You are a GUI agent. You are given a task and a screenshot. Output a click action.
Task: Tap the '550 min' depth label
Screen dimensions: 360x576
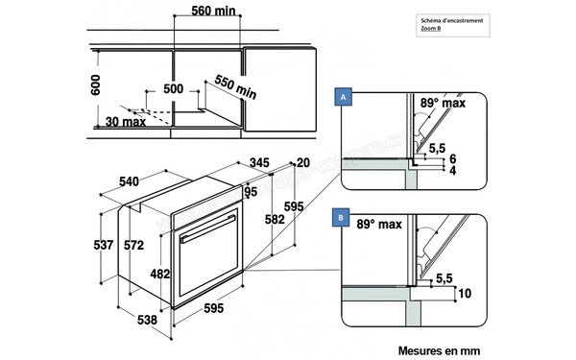pyautogui.click(x=235, y=87)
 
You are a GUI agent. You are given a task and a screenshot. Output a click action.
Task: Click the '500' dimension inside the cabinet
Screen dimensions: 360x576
pyautogui.click(x=173, y=88)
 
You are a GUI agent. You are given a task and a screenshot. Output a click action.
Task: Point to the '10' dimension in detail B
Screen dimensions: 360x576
pyautogui.click(x=465, y=294)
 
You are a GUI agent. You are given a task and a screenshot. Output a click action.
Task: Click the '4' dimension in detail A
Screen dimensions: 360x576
pyautogui.click(x=452, y=171)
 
